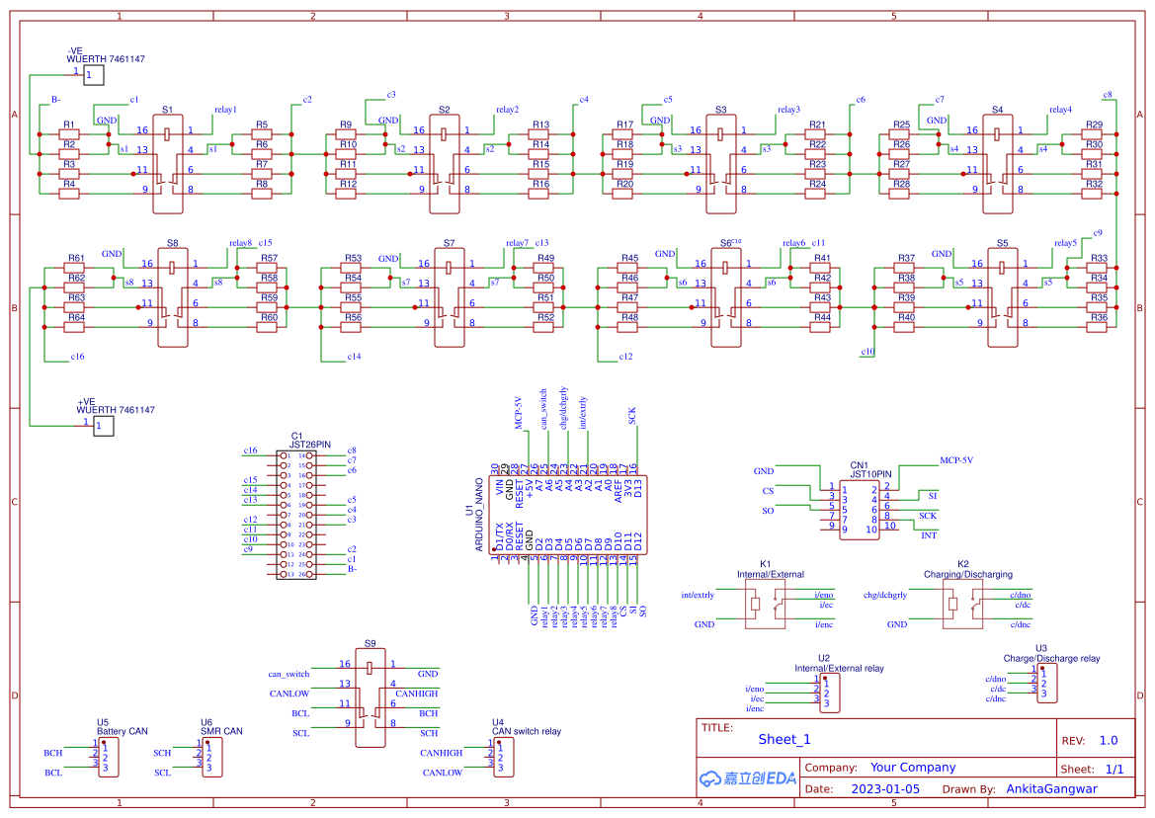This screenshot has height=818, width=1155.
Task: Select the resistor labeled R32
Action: pos(1094,194)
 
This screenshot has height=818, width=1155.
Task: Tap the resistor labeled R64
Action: pos(76,327)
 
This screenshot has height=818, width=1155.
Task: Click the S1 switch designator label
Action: pos(167,110)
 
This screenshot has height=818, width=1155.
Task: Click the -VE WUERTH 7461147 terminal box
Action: pos(92,75)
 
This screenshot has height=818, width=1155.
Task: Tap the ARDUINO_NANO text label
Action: pos(479,515)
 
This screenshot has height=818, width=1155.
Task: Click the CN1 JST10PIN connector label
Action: pos(870,469)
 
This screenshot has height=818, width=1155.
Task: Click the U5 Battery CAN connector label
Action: pos(122,727)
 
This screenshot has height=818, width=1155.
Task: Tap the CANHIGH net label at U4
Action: pos(441,753)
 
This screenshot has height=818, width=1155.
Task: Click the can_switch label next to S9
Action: pos(289,674)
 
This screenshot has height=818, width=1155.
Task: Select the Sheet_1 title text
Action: pos(784,739)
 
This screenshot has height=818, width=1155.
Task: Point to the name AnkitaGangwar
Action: pos(1051,789)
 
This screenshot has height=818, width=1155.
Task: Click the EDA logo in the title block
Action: pos(747,778)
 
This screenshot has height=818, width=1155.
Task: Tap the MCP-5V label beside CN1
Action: pos(955,460)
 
